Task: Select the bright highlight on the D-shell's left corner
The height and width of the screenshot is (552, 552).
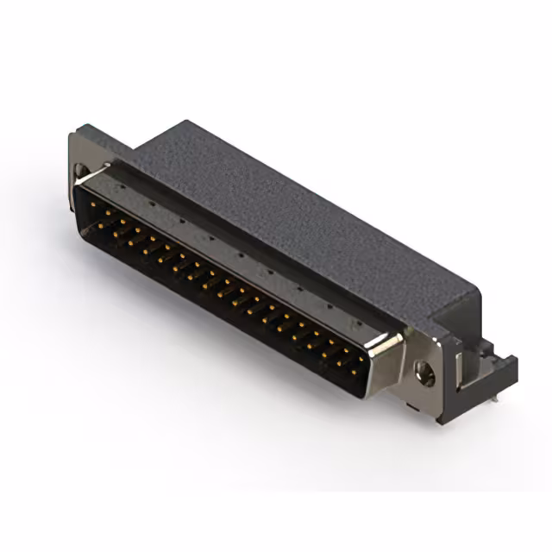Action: (x=86, y=182)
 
